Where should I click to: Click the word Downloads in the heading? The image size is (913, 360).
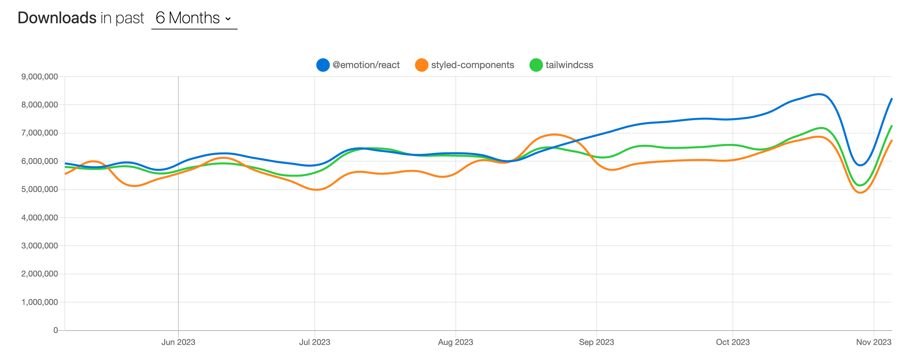(57, 18)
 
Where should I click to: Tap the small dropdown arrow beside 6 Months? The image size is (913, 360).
(228, 19)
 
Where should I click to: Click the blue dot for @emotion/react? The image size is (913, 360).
(323, 65)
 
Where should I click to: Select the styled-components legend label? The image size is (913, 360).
(472, 65)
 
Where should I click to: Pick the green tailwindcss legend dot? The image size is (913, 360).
(536, 65)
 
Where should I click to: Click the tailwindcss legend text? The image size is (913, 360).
(569, 65)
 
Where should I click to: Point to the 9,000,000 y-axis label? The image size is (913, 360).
(39, 77)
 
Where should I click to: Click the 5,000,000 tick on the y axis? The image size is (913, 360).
(39, 189)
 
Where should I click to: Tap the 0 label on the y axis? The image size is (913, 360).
(55, 330)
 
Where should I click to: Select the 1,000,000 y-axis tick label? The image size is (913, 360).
(39, 302)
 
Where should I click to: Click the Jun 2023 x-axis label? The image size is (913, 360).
(178, 342)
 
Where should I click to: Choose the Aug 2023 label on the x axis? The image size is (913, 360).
(455, 342)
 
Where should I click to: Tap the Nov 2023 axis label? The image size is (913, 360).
(873, 342)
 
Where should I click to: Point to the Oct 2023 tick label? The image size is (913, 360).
(732, 342)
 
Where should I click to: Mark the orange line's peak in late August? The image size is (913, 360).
(554, 134)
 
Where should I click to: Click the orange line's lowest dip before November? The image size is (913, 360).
(860, 192)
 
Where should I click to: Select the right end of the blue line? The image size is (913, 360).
(891, 99)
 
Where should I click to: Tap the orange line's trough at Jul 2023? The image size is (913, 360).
(316, 190)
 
